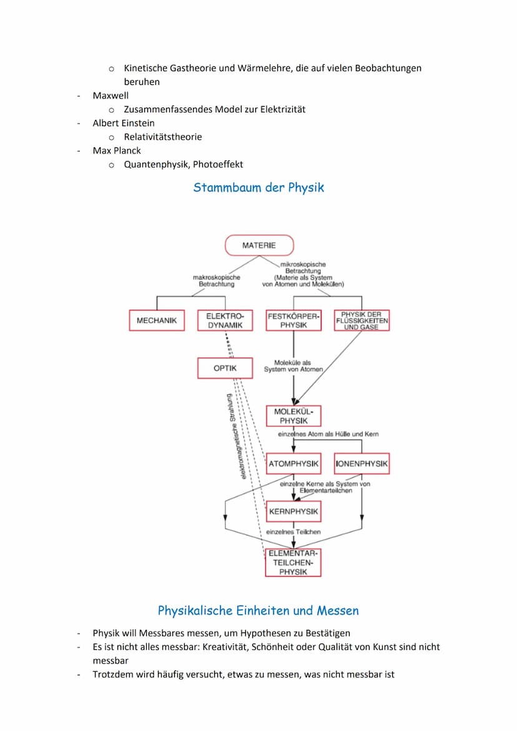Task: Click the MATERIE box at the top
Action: pos(258,245)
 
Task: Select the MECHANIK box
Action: pos(157,320)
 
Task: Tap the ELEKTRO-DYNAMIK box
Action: pos(225,320)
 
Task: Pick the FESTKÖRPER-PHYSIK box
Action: pos(293,320)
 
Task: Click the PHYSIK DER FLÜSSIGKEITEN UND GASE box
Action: pos(362,320)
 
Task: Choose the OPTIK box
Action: pos(225,368)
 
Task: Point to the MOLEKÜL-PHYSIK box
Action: pos(293,416)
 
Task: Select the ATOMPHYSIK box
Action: pos(293,464)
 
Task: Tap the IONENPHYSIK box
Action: pos(362,464)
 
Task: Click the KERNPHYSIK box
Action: pos(293,511)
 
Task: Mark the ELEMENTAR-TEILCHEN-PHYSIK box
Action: pos(293,562)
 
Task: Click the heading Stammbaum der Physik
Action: pos(258,187)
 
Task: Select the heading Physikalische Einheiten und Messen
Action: pos(258,610)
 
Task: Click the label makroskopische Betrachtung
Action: pos(217,280)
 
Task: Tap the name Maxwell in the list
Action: pos(111,96)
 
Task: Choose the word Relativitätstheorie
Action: pos(163,137)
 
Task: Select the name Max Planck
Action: pos(117,150)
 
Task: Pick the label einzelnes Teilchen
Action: pos(293,532)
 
